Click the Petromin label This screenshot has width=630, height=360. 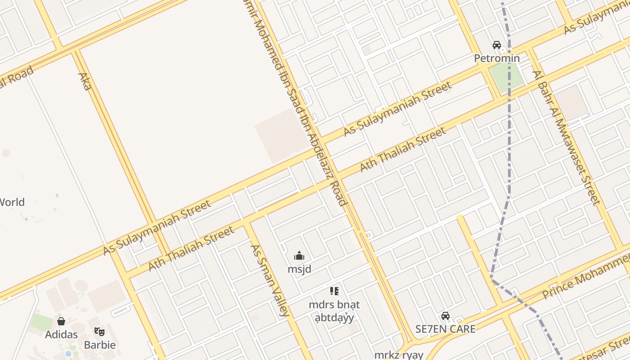[x=497, y=58]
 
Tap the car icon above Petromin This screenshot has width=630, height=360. [x=497, y=45]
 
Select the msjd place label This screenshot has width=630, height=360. [x=299, y=269]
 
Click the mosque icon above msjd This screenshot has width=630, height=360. [x=299, y=256]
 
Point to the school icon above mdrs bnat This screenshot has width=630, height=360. [x=334, y=291]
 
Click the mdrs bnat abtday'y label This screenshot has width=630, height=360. [x=334, y=311]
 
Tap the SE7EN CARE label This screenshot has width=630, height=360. [x=445, y=329]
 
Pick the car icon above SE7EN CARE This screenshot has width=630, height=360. [x=445, y=316]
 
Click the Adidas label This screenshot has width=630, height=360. [x=61, y=334]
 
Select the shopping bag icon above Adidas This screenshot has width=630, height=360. [x=61, y=321]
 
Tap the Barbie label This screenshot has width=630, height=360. [x=100, y=345]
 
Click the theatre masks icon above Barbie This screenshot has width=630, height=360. [x=99, y=332]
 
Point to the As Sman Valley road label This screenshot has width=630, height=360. [x=269, y=280]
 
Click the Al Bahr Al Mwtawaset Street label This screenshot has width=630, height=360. [x=567, y=137]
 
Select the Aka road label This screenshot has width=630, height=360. [x=85, y=81]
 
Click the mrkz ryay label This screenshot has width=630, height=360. [x=399, y=355]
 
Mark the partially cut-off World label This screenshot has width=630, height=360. [x=12, y=202]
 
